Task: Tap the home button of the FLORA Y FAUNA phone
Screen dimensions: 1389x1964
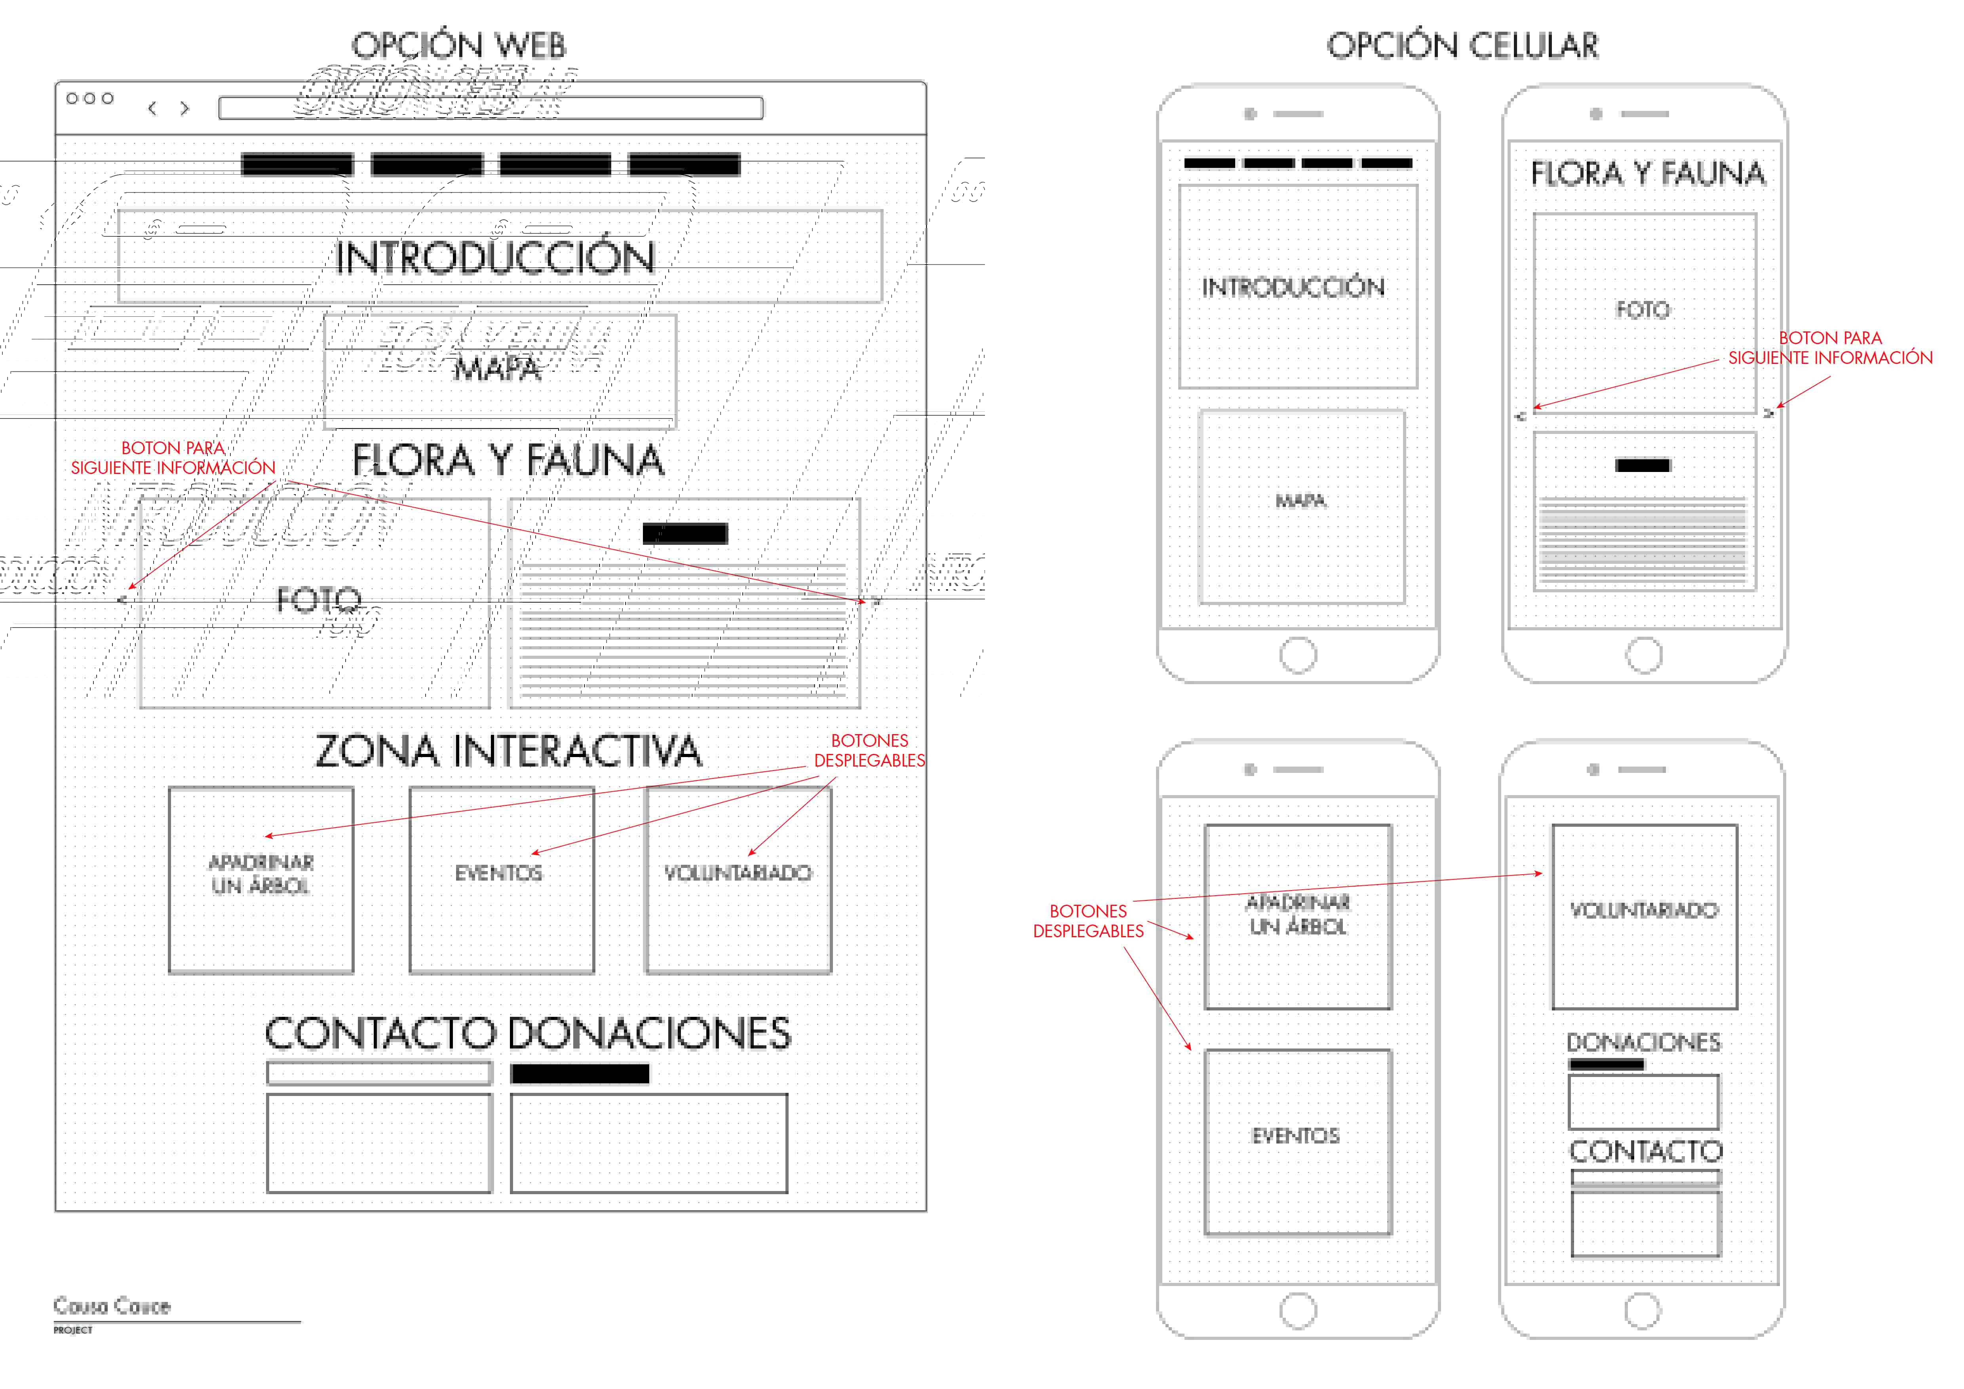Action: pyautogui.click(x=1643, y=656)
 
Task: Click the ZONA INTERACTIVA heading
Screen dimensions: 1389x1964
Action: pyautogui.click(x=508, y=751)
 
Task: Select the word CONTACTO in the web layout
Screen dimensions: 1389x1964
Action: pyautogui.click(x=380, y=1033)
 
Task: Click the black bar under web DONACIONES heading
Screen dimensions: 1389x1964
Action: pyautogui.click(x=580, y=1074)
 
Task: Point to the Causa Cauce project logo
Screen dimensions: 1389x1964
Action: pyautogui.click(x=112, y=1307)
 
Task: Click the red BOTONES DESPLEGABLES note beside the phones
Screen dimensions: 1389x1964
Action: pyautogui.click(x=1088, y=921)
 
